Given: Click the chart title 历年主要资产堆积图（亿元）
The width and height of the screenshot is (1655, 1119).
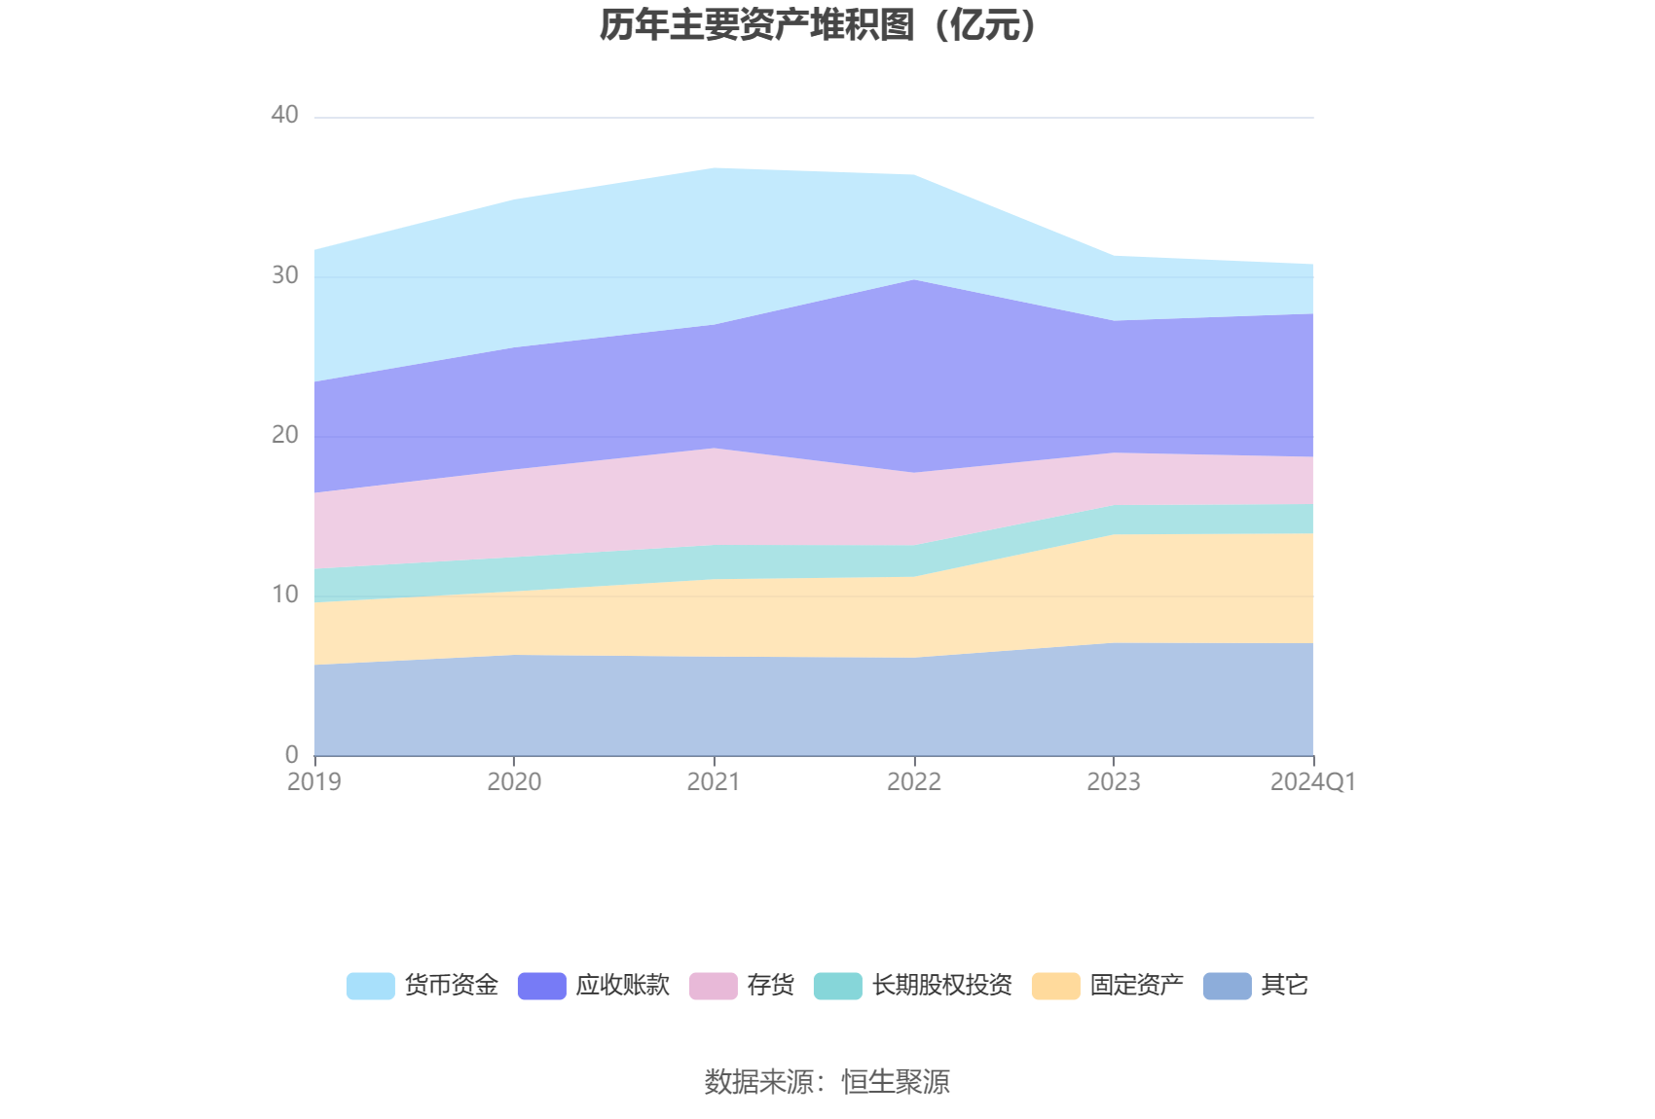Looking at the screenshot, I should tap(819, 25).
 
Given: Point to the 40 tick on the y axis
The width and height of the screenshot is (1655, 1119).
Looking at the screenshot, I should tap(284, 116).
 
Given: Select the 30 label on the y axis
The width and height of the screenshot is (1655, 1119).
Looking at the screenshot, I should tap(284, 275).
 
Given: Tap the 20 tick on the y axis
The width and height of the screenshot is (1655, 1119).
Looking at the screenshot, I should tap(284, 435).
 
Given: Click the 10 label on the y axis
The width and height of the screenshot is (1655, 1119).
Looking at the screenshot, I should tap(284, 595).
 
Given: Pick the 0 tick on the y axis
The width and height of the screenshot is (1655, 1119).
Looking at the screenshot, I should tap(291, 754).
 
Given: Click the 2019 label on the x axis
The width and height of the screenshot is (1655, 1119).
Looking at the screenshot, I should tap(314, 782).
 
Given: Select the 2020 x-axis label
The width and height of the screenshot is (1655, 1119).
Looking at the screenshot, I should tap(514, 782).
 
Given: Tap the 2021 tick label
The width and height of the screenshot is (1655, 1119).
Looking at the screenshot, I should tap(714, 782).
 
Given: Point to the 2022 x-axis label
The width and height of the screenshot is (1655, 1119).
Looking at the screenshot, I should tap(914, 782).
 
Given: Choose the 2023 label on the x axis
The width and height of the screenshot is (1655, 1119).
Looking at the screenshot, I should tap(1114, 782).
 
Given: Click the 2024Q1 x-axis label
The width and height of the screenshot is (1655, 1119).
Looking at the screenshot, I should tap(1312, 782).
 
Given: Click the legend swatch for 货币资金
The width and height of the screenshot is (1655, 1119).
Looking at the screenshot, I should tap(370, 986).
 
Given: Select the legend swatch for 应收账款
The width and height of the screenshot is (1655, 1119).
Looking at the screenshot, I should tap(541, 986).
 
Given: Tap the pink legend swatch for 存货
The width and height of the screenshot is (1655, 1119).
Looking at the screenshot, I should tap(713, 986).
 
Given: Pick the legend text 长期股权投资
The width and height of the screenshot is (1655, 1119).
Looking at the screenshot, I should tap(941, 986).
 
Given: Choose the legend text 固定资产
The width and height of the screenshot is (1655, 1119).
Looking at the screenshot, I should tap(1136, 986).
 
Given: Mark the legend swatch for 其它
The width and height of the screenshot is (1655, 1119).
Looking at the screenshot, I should tap(1227, 986).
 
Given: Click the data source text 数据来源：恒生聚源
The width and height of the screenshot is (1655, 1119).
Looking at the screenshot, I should tap(827, 1082).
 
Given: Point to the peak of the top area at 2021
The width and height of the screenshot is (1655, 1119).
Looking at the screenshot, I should tap(715, 168).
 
